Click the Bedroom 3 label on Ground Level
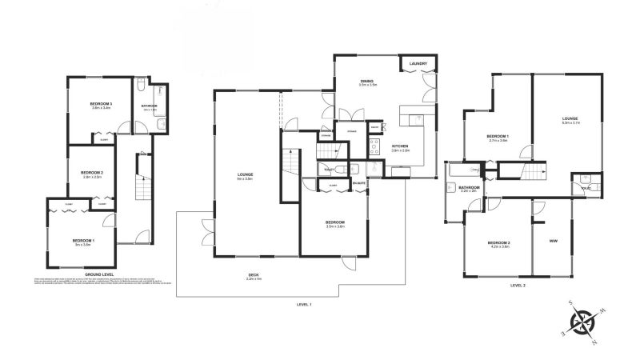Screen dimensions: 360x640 pyautogui.click(x=101, y=105)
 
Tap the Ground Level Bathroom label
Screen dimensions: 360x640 pyautogui.click(x=149, y=106)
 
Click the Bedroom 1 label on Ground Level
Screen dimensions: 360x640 pyautogui.click(x=83, y=241)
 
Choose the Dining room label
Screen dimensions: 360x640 pyautogui.click(x=367, y=82)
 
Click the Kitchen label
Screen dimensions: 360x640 pyautogui.click(x=400, y=146)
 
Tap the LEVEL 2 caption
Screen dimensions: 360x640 pyautogui.click(x=518, y=285)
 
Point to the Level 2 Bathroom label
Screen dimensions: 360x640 pyautogui.click(x=468, y=187)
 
